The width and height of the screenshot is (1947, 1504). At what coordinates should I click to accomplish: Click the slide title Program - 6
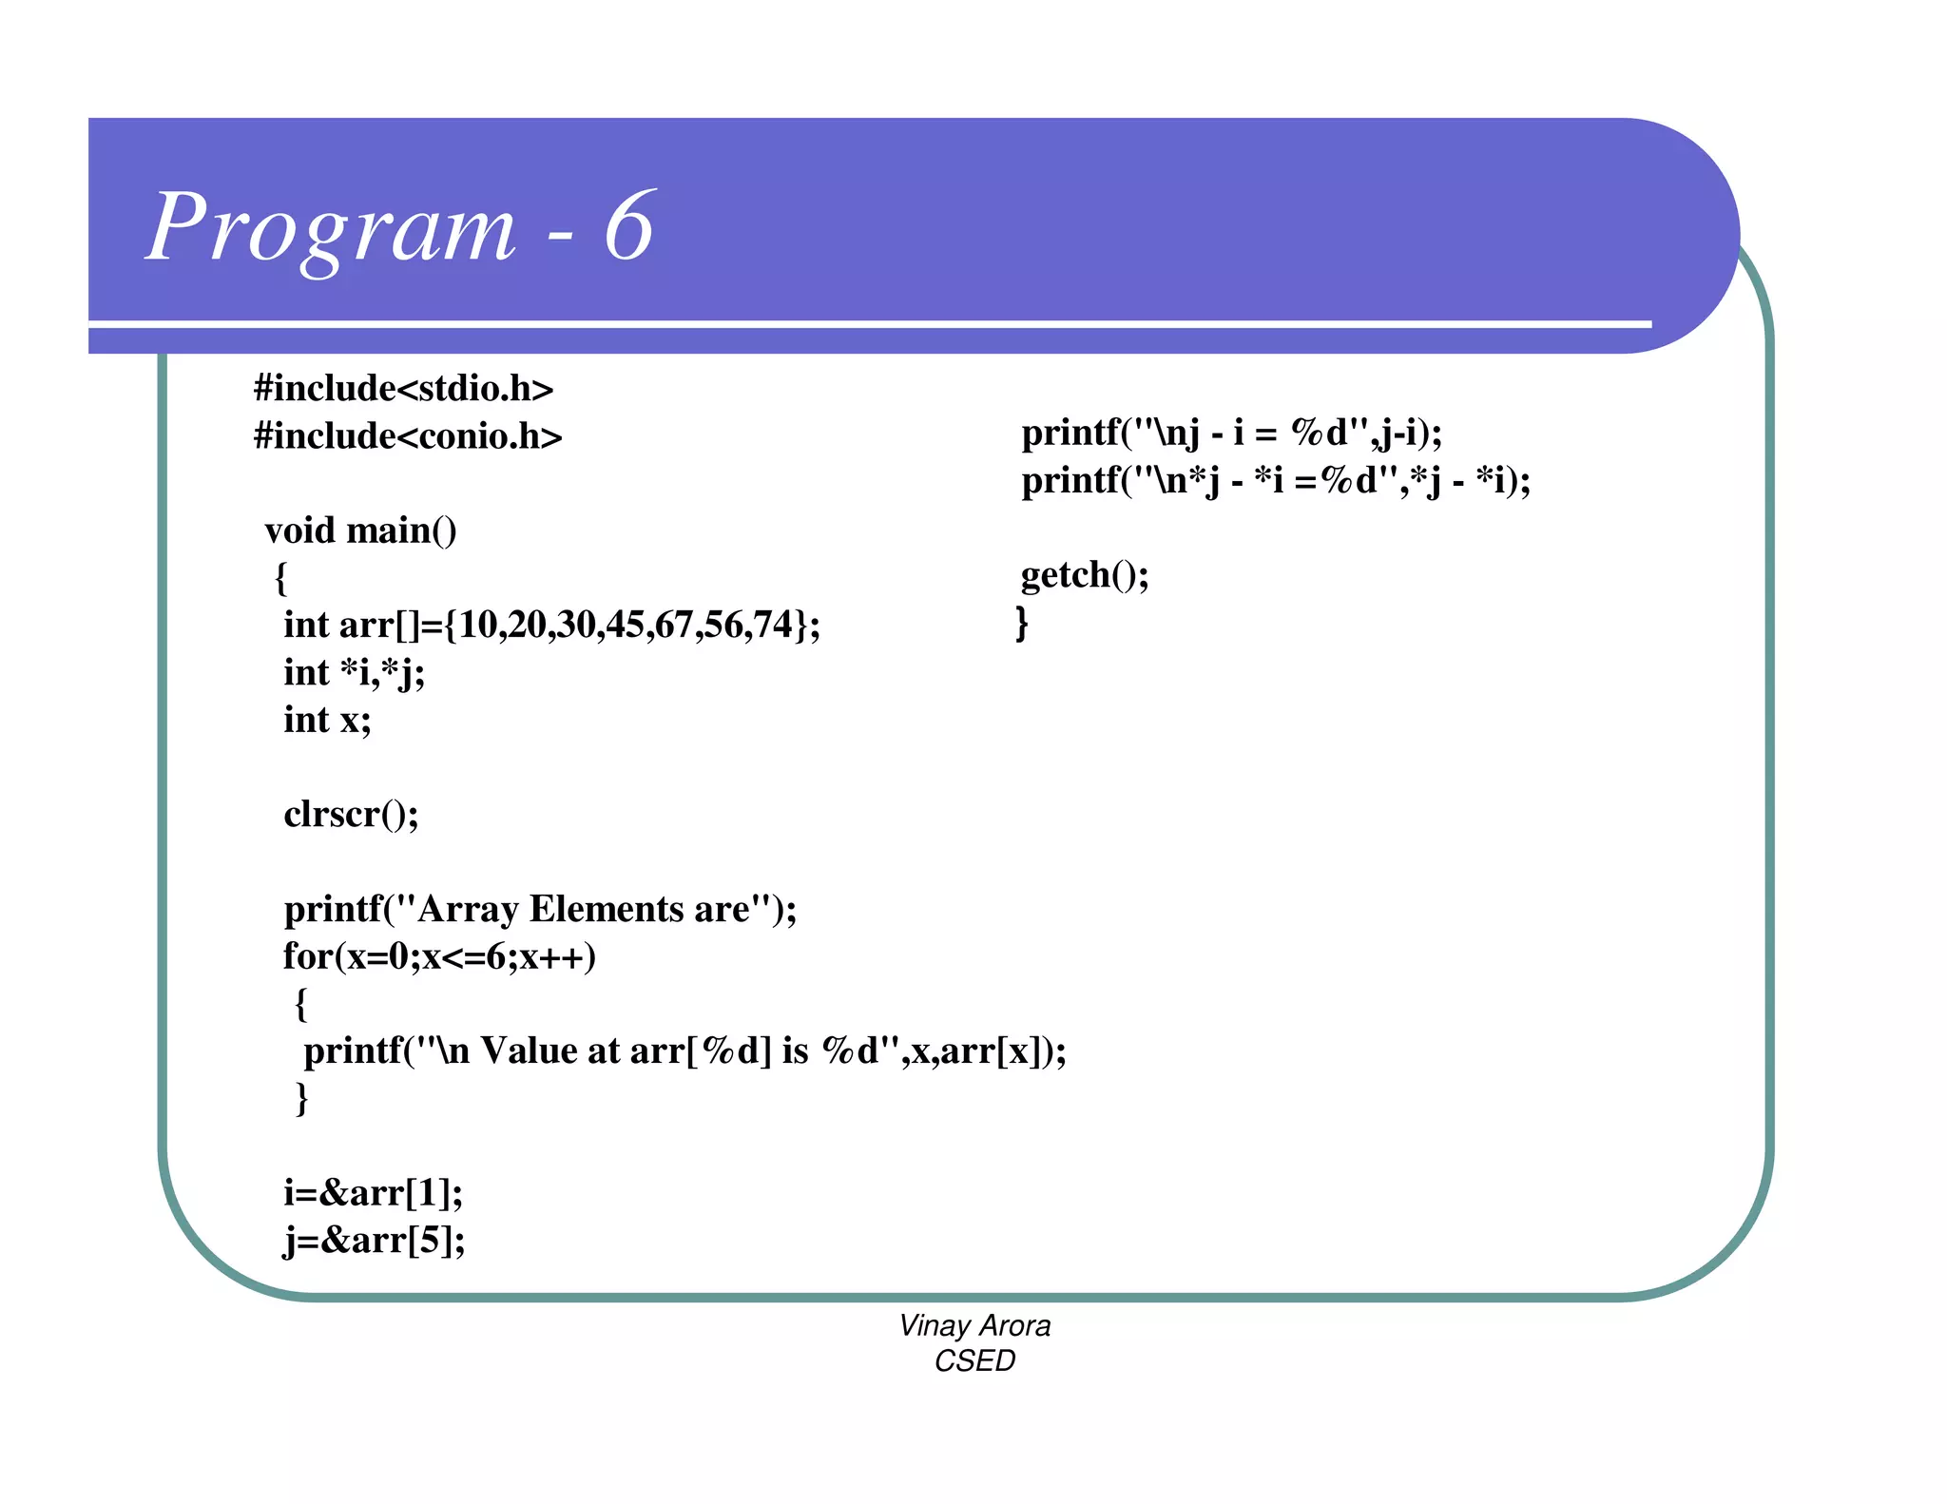(400, 227)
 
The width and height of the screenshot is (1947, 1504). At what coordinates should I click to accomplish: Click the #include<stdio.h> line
(403, 389)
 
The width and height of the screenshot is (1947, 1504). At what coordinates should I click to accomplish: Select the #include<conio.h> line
(408, 436)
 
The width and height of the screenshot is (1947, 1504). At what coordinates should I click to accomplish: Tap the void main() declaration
(360, 530)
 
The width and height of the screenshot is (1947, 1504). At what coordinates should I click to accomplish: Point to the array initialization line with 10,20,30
(551, 625)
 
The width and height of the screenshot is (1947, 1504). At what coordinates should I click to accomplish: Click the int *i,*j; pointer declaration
(354, 672)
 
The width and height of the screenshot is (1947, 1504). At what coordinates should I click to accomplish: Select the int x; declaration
(327, 720)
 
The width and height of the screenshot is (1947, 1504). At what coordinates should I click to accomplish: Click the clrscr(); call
(351, 814)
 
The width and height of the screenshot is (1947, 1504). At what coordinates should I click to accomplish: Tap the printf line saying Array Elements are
(540, 909)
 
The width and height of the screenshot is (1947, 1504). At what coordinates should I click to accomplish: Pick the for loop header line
(439, 956)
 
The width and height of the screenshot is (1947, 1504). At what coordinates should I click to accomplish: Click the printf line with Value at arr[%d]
(684, 1051)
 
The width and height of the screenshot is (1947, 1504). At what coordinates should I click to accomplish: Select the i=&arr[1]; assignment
(373, 1192)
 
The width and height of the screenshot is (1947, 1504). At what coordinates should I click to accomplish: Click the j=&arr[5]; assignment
(375, 1240)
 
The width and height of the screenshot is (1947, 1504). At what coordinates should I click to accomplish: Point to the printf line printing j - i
(1231, 434)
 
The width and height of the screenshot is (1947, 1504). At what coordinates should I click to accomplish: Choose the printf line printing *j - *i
(1276, 481)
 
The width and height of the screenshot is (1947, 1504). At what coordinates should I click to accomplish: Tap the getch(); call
(1085, 575)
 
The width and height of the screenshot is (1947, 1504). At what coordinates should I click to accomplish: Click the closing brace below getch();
(1022, 624)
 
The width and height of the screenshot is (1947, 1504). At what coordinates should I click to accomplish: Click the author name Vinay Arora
(974, 1325)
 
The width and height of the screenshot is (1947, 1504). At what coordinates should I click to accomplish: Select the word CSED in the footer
(974, 1361)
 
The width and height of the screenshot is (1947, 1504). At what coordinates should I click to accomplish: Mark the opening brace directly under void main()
(280, 578)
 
